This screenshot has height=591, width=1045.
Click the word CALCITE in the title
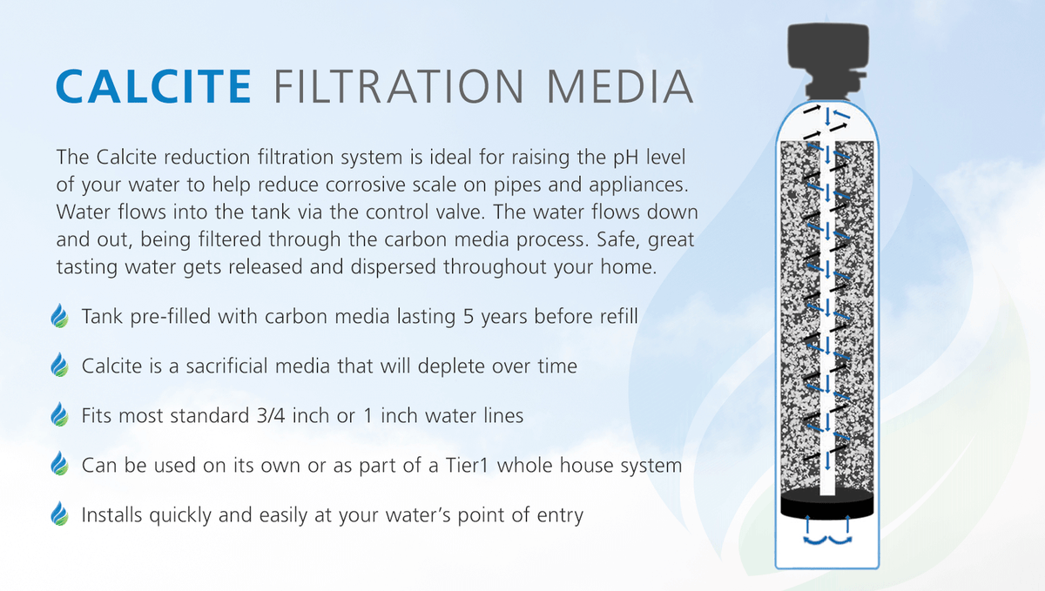click(152, 87)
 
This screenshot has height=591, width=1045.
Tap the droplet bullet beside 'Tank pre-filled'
click(60, 316)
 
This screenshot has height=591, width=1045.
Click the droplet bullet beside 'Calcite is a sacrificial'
click(60, 366)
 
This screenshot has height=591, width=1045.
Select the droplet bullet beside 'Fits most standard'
click(60, 415)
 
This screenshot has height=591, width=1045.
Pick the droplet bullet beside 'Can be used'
click(60, 465)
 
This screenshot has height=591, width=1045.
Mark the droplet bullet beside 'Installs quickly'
click(60, 514)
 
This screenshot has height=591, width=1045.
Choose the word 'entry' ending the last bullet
click(559, 515)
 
